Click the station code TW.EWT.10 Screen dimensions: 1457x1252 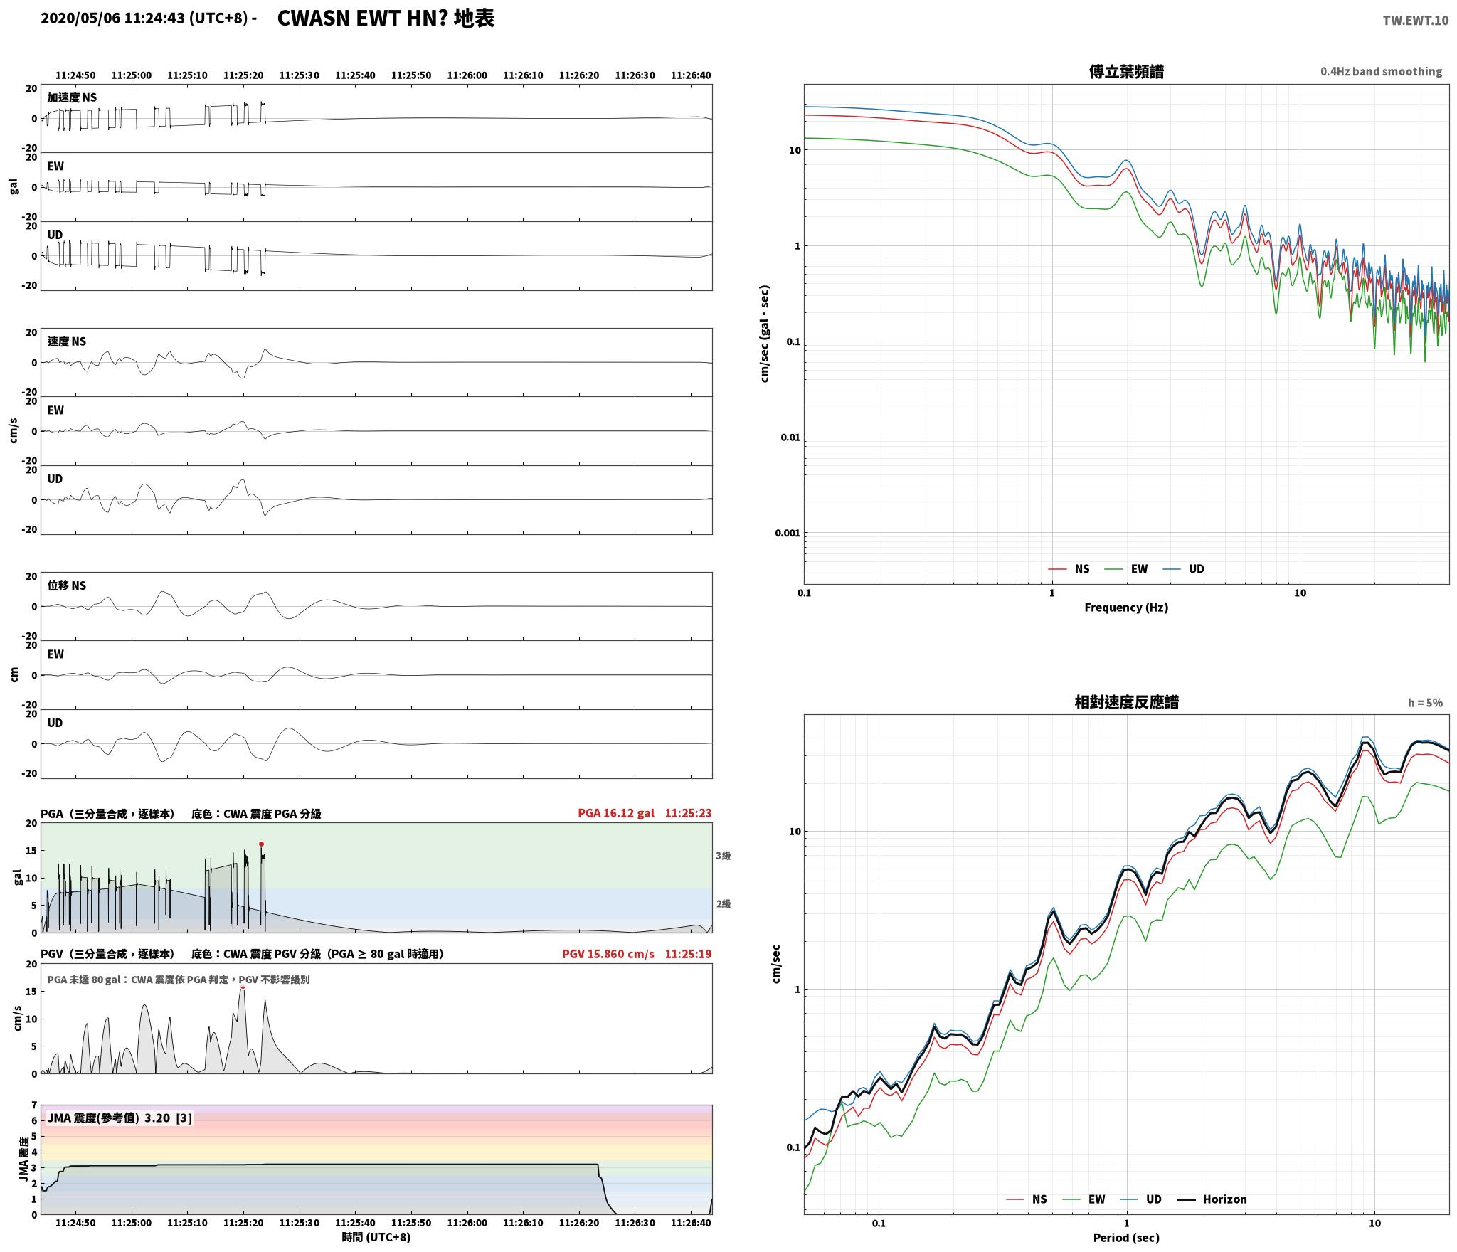(1415, 21)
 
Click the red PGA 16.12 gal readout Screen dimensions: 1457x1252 (616, 813)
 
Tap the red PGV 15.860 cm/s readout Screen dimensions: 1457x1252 (608, 954)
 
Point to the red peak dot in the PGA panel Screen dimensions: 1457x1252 (261, 844)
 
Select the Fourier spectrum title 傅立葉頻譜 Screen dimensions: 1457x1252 (1126, 72)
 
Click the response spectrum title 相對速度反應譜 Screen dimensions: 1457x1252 (1126, 702)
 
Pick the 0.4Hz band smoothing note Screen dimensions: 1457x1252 (1381, 72)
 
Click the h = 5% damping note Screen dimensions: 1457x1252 (1425, 703)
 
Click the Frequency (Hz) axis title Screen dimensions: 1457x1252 (1126, 608)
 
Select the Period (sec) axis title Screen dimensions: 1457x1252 (1126, 1238)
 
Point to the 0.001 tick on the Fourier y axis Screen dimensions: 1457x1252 (787, 533)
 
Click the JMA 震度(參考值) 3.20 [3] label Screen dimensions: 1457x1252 (120, 1118)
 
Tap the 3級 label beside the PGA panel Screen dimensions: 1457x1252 (723, 856)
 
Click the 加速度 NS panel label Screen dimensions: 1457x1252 (72, 97)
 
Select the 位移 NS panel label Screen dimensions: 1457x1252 (67, 585)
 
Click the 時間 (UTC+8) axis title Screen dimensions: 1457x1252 (376, 1237)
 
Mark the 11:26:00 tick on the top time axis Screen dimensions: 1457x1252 (467, 75)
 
